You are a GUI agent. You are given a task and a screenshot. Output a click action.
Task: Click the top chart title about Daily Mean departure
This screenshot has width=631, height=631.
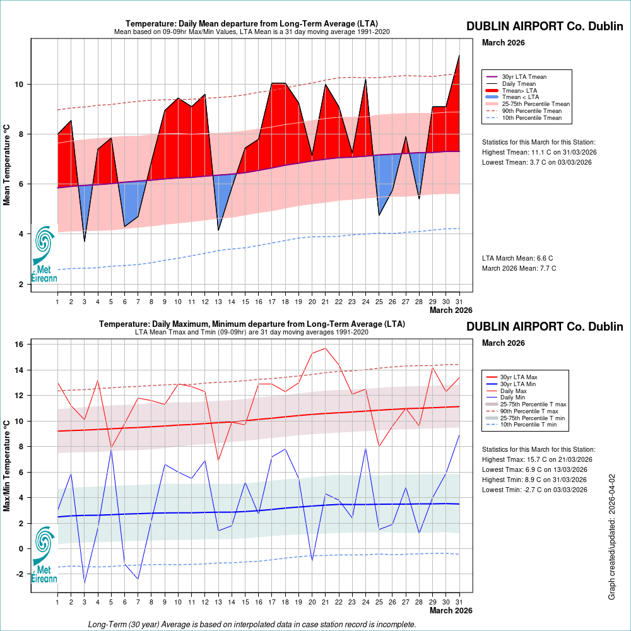tap(252, 23)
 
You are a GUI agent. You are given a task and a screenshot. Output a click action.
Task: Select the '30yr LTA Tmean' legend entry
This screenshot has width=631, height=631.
tap(524, 76)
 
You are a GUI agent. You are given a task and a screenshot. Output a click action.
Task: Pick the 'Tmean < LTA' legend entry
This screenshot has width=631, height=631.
tap(520, 97)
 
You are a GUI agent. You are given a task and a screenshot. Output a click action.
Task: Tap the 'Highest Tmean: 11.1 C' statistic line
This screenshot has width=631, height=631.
tap(539, 152)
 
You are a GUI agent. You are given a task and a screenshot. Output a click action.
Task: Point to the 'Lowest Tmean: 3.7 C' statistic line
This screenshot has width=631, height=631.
tap(536, 162)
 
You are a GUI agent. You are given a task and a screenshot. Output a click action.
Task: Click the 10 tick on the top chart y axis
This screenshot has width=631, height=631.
tap(20, 85)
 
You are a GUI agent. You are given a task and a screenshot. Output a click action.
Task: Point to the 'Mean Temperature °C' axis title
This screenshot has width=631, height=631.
tap(7, 163)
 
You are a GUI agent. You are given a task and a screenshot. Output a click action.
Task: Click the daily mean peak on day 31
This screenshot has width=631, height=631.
tap(459, 56)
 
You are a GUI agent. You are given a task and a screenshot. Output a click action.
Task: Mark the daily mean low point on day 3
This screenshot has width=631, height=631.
tap(85, 241)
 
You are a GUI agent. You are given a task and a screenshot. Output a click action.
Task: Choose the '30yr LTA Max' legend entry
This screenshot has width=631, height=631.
tap(519, 377)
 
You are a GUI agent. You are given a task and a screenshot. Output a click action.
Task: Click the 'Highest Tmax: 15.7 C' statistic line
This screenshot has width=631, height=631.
tap(536, 459)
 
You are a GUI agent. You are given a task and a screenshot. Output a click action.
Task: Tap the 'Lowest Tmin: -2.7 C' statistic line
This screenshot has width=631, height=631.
tap(534, 490)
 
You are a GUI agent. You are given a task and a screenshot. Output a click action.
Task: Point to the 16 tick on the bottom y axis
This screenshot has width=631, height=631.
tap(20, 345)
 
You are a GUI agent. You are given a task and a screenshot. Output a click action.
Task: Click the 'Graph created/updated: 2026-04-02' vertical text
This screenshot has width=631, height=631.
tap(611, 536)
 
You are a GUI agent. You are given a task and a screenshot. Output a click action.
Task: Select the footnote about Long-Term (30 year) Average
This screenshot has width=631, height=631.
tap(252, 624)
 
